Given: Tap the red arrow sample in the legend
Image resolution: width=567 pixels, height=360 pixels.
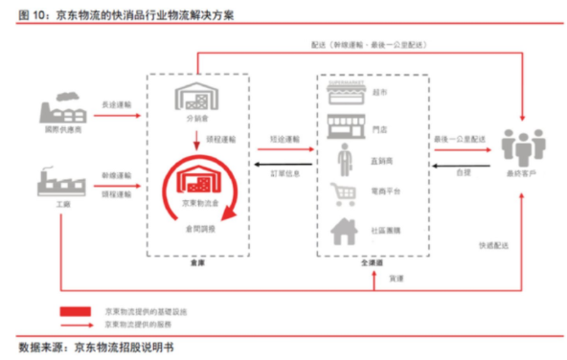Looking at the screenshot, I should click(x=79, y=325).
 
